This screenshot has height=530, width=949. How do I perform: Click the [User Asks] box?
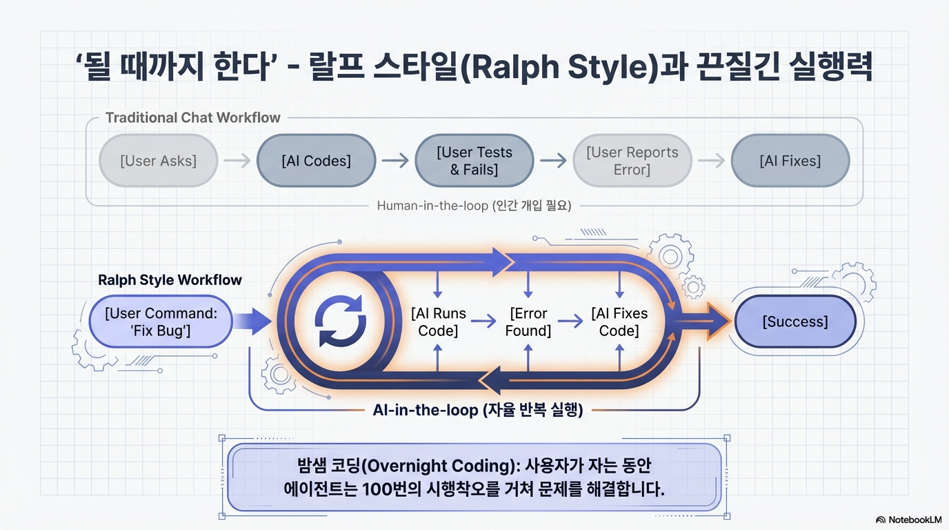tap(158, 161)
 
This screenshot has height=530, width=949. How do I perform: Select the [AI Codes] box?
tap(316, 161)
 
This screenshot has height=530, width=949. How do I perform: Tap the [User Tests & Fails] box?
tap(474, 161)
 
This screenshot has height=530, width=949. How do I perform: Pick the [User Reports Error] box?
tap(632, 161)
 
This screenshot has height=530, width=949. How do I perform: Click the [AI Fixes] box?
tap(790, 161)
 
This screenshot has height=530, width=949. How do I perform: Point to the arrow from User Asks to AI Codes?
tap(237, 161)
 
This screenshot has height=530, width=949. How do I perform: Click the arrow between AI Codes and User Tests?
tap(395, 161)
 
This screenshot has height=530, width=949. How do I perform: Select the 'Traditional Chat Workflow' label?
tap(192, 117)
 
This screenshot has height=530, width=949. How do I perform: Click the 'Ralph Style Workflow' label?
tap(170, 279)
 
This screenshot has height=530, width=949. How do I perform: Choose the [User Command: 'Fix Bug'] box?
tap(161, 322)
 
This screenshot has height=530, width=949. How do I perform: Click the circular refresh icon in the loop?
tap(340, 321)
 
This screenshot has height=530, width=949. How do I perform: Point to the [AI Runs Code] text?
tap(438, 322)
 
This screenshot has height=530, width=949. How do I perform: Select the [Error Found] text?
tap(528, 322)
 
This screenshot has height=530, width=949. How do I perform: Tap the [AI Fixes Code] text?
tap(619, 322)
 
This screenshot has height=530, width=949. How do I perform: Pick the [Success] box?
tap(795, 322)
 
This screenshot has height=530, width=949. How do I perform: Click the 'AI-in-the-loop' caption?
tap(477, 410)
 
